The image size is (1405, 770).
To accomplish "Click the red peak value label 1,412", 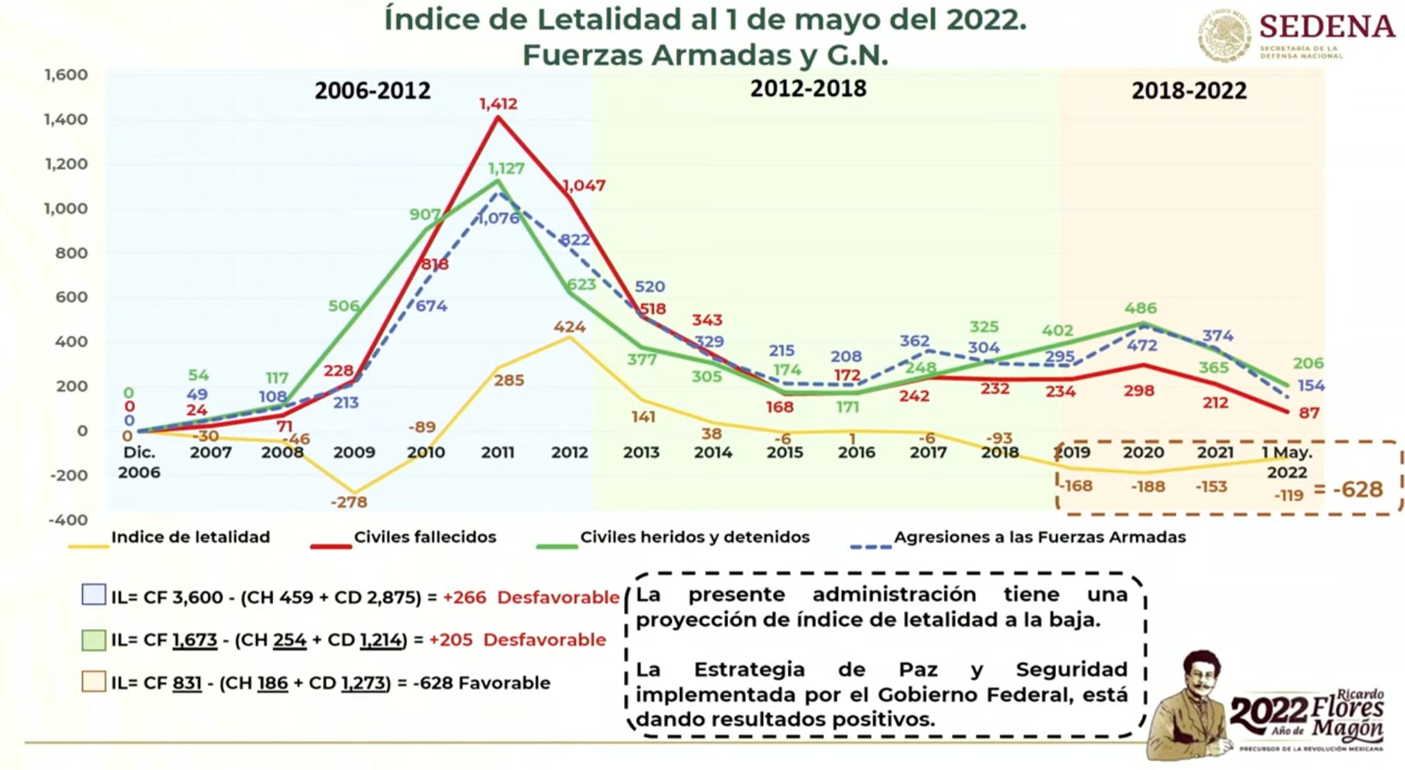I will pos(498,103).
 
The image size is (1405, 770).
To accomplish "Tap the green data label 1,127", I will pos(506,168).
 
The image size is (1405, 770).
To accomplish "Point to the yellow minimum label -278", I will pos(349,502).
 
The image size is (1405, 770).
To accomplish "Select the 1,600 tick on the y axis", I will pos(66,75).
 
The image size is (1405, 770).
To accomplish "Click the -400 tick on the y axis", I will pos(68,520).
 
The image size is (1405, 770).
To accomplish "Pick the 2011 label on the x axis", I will pos(497,452).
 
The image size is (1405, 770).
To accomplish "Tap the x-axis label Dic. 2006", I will pos(139,462).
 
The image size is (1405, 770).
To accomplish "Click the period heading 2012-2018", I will pos(808,88).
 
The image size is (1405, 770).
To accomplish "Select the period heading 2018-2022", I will pos(1189,91).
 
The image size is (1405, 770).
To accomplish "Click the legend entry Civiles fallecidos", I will pos(425,537).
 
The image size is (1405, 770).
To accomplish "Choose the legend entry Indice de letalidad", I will pos(190,537).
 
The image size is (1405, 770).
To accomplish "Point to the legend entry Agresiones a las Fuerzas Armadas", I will pos(1040,537).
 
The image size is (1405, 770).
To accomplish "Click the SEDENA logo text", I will pos(1326,27).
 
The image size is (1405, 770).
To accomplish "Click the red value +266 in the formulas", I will pos(464,598).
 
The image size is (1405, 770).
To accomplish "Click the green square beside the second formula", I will pos(94,640).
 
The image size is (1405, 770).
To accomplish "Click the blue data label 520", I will pos(649,286).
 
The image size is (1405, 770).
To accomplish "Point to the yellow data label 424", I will pos(569,327).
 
